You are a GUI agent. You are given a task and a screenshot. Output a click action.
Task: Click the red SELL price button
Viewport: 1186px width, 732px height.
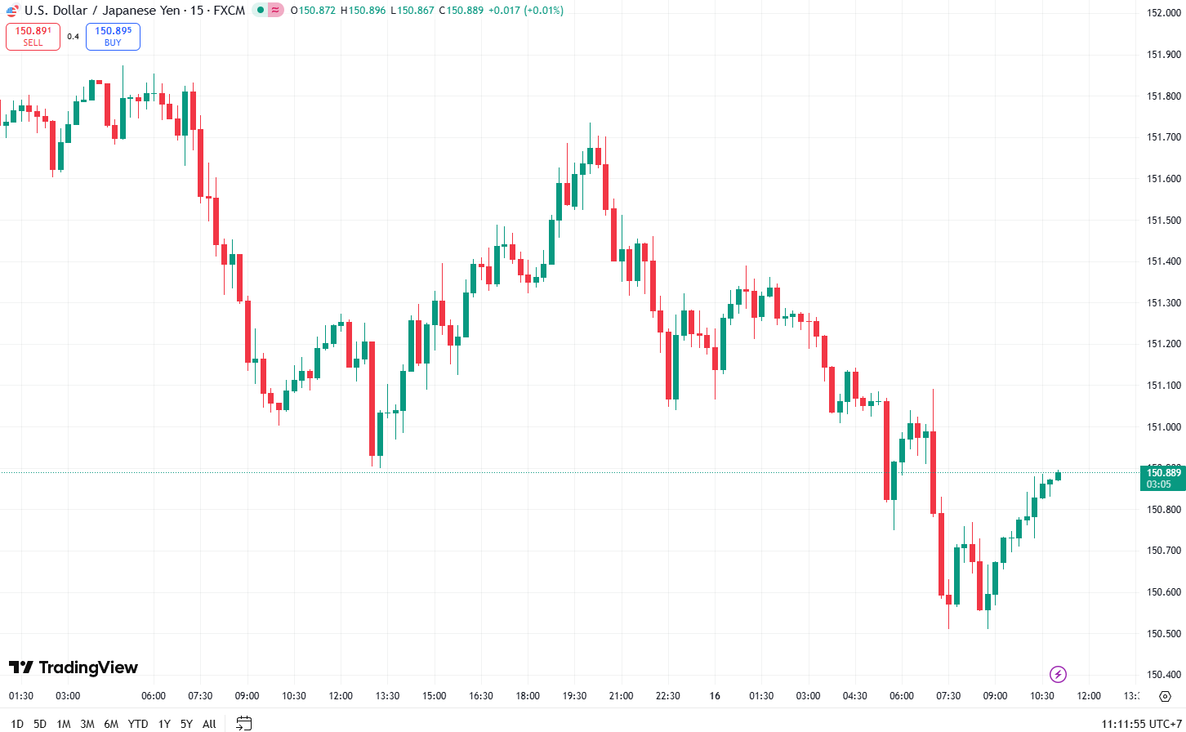click(x=33, y=37)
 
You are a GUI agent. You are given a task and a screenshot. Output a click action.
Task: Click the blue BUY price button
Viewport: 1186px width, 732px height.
click(x=113, y=37)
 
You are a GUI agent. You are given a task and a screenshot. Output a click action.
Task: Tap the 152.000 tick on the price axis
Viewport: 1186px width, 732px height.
click(x=1163, y=13)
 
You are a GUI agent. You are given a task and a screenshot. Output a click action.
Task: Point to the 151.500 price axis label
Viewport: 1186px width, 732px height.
click(x=1163, y=221)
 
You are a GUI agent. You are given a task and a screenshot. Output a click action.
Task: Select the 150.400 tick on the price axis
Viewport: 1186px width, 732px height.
click(x=1163, y=675)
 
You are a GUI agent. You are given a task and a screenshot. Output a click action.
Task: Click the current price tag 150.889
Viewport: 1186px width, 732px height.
click(x=1162, y=478)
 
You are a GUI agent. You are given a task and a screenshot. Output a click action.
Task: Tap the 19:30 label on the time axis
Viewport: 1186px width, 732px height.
click(x=574, y=696)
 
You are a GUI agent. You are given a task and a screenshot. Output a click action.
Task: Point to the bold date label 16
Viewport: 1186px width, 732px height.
click(x=715, y=696)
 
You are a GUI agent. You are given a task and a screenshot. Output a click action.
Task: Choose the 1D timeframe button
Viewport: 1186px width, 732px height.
click(x=16, y=724)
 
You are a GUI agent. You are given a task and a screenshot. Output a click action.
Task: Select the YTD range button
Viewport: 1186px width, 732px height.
click(x=138, y=724)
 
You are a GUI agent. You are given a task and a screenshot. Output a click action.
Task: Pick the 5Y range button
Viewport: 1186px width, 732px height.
click(x=186, y=724)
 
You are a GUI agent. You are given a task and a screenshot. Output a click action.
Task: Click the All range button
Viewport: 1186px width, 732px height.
click(x=209, y=724)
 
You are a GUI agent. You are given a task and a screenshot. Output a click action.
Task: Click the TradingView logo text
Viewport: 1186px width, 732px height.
click(x=74, y=667)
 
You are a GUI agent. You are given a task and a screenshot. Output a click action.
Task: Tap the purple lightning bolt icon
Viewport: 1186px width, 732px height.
click(x=1058, y=674)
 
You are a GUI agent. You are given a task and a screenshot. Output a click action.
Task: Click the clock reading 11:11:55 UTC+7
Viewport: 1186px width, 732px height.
click(x=1141, y=724)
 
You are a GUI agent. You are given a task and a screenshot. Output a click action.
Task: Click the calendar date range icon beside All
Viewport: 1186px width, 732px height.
click(x=243, y=723)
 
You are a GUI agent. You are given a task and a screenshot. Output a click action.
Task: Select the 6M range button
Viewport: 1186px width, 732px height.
click(x=111, y=724)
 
